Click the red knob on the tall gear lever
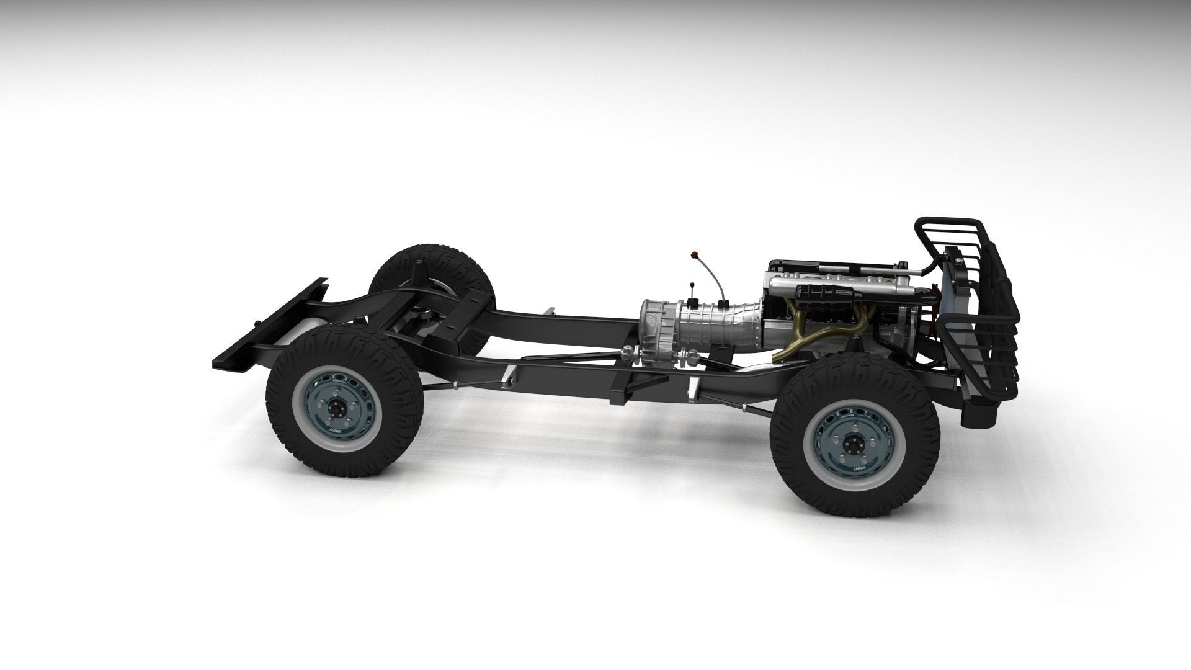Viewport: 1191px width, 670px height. (x=694, y=254)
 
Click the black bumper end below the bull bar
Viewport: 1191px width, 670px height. (x=980, y=413)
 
